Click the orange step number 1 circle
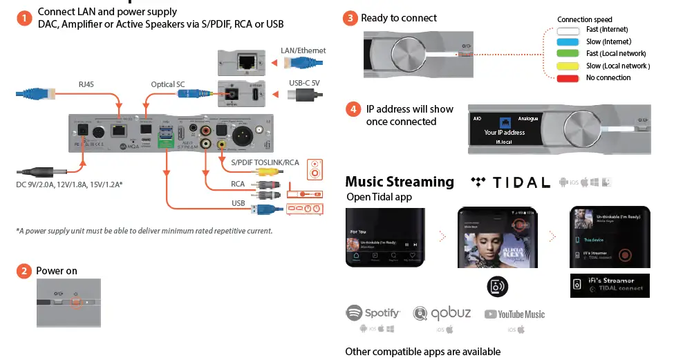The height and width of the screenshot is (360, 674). click(x=25, y=18)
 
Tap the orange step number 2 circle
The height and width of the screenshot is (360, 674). click(x=25, y=271)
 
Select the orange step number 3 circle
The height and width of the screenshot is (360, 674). click(x=351, y=18)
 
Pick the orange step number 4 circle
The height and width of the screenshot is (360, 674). click(x=353, y=110)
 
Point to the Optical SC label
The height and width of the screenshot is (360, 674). click(x=168, y=84)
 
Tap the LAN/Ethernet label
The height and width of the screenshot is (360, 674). click(x=303, y=50)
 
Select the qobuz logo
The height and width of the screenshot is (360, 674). click(x=442, y=314)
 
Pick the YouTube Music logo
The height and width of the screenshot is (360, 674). click(x=514, y=314)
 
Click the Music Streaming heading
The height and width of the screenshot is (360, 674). click(x=400, y=182)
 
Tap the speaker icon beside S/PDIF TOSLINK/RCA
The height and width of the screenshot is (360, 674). click(x=315, y=167)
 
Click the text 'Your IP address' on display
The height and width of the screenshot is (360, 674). click(x=504, y=133)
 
